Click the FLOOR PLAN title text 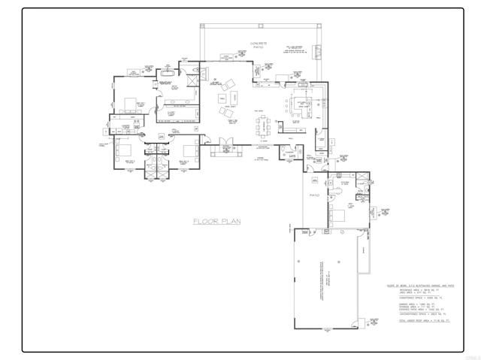(216, 221)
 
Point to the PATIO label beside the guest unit (314, 195)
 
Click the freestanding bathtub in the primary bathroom (166, 76)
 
